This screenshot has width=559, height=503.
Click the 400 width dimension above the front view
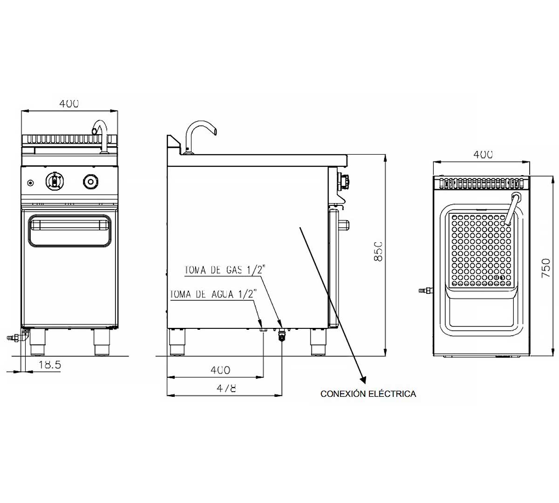tap(69, 103)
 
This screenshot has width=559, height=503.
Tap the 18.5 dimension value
tap(49, 364)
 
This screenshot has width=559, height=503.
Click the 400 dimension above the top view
tap(483, 155)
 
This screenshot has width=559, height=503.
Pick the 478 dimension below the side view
tap(226, 388)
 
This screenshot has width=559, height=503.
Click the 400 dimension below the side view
tap(220, 370)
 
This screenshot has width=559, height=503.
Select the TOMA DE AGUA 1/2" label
tap(212, 294)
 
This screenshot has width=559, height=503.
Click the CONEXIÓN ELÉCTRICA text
tap(368, 394)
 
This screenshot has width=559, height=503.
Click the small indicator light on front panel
tap(31, 183)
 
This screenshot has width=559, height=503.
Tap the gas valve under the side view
tap(281, 336)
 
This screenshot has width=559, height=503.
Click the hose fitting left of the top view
tap(425, 291)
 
